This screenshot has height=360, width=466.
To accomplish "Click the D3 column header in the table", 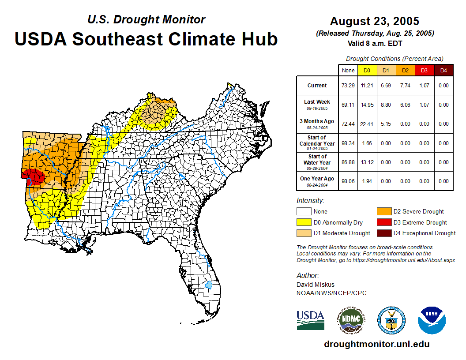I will (x=424, y=71).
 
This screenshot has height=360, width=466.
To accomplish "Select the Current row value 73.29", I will (x=348, y=86).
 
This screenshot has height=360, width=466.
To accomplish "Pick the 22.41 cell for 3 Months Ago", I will (x=367, y=124).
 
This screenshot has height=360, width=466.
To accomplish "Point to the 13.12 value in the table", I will (x=367, y=162).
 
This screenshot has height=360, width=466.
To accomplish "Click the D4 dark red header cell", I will (x=443, y=71).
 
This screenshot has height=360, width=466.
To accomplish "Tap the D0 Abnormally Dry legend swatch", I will (x=304, y=222).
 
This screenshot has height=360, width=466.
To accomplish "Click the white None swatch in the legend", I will (x=304, y=212).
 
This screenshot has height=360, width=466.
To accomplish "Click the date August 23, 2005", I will (x=375, y=21).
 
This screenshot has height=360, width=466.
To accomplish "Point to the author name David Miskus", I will (x=316, y=285).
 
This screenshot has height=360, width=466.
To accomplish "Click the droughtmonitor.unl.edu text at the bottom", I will (x=376, y=344).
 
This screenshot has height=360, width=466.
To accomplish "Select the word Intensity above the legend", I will (x=310, y=201).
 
